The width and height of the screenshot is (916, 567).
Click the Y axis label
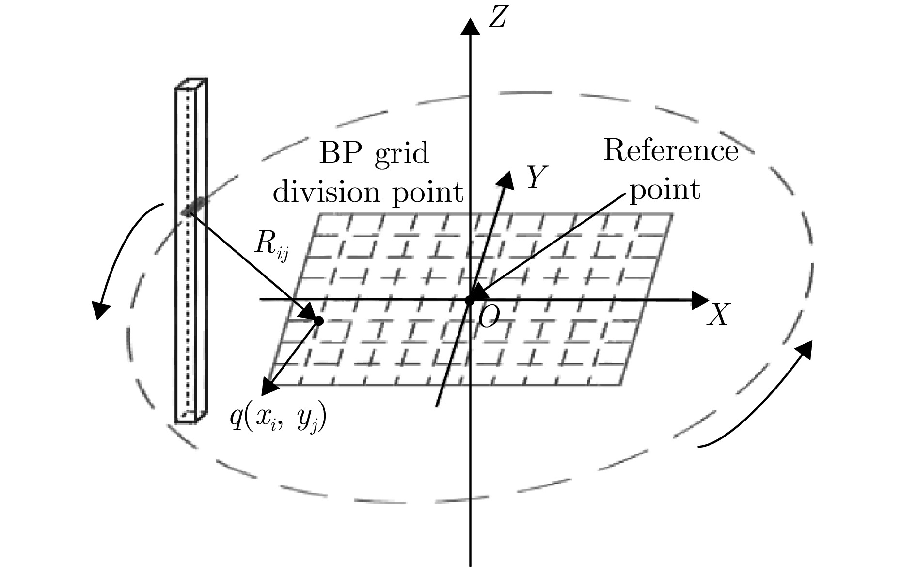[x=537, y=177]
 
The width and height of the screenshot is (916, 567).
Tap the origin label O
[x=488, y=319]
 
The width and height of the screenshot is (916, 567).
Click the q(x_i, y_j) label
[x=278, y=418]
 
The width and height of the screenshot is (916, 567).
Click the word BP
[x=341, y=155]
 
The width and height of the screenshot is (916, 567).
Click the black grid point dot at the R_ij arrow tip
[x=319, y=321]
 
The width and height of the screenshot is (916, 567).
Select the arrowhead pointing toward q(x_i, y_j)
[x=268, y=388]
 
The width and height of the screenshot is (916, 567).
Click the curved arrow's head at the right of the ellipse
[x=805, y=349]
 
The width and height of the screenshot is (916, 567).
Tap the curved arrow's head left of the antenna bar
[x=100, y=309]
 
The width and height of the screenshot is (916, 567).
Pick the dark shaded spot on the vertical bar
[x=192, y=207]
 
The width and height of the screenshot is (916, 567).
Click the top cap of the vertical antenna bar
[x=192, y=83]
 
